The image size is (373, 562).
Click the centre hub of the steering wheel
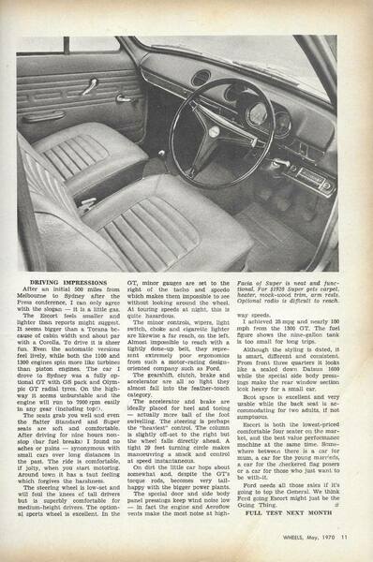pyautogui.click(x=230, y=129)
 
